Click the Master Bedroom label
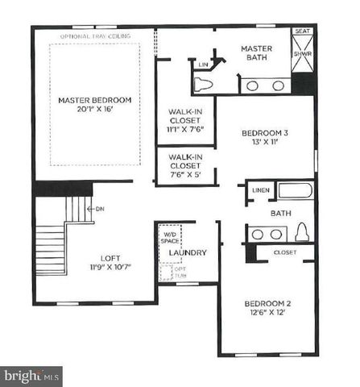pos(94,101)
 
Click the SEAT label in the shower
pos(303,31)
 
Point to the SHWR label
pos(302,54)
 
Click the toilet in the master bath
pos(204,84)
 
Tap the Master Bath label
pos(257,53)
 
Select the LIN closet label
pos(204,64)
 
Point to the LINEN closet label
pos(259,190)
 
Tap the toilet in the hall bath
pos(303,233)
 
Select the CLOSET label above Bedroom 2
pos(285,252)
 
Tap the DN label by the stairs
pos(100,209)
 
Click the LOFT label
pos(110,260)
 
